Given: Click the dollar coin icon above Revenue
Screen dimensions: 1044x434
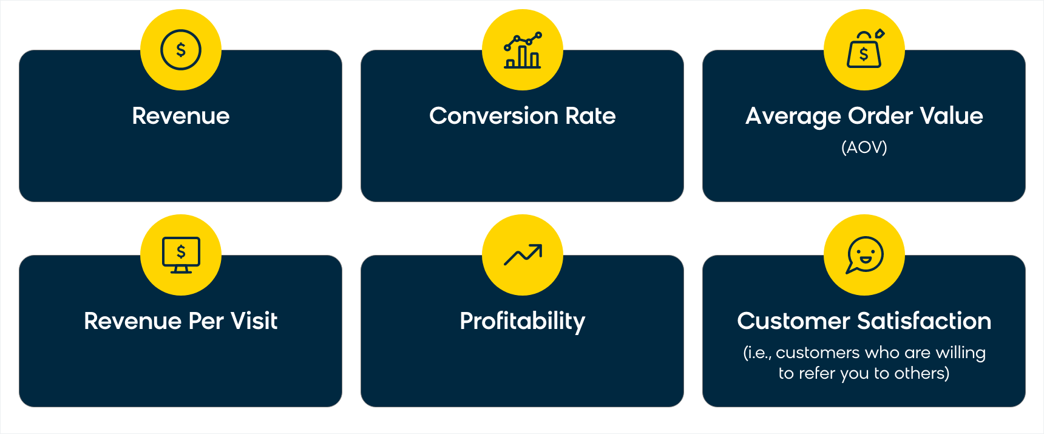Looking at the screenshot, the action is pyautogui.click(x=181, y=50).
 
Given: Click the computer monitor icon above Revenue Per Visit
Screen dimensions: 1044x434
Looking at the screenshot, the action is pyautogui.click(x=181, y=255).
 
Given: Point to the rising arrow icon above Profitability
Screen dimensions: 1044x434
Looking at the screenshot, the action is pyautogui.click(x=523, y=255).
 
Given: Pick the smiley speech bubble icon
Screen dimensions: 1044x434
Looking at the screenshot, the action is pyautogui.click(x=865, y=255).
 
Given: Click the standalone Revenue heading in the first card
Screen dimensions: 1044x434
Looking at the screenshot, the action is pyautogui.click(x=181, y=116).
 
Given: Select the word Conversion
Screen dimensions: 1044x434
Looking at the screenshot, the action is pyautogui.click(x=493, y=116).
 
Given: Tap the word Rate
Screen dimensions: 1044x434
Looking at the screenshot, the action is pyautogui.click(x=591, y=116).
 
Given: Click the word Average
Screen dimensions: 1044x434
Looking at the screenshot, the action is pyautogui.click(x=793, y=117).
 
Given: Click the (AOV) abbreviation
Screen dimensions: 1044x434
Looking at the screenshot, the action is pyautogui.click(x=864, y=147).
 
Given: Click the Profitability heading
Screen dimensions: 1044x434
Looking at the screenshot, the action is pyautogui.click(x=523, y=322).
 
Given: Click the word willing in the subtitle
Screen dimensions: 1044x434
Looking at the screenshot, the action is pyautogui.click(x=961, y=353).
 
